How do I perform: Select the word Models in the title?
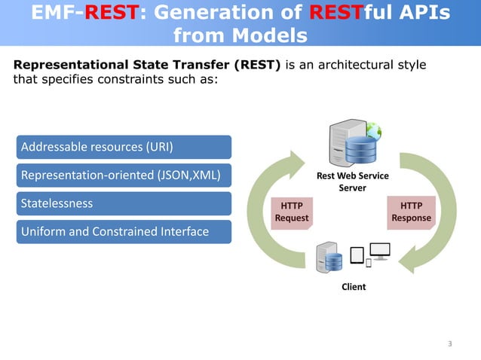click(268, 35)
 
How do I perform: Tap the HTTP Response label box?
click(412, 212)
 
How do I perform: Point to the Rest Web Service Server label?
click(352, 182)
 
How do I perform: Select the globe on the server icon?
click(373, 130)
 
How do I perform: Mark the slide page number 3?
click(450, 345)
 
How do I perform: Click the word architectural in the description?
click(352, 65)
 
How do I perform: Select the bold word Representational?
click(63, 65)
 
